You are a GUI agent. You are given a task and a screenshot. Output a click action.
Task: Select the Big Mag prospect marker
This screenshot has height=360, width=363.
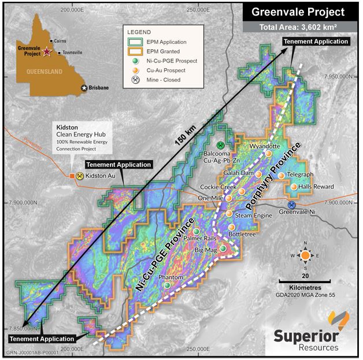tap(223, 248)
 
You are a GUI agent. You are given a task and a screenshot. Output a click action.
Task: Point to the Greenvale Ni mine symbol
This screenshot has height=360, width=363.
tap(292, 204)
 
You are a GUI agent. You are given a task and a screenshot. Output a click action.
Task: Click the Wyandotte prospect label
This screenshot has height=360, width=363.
tap(264, 146)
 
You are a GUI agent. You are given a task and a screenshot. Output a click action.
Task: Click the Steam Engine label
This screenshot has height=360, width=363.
tap(253, 216)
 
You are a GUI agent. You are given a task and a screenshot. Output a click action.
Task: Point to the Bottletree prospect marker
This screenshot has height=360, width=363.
tap(232, 227)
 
